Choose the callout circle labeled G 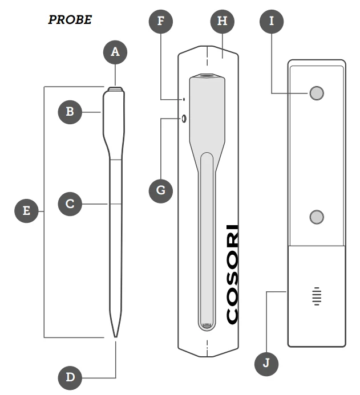click(161, 190)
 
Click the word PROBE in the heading click(70, 20)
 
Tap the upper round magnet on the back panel click(317, 93)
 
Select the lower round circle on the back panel click(317, 216)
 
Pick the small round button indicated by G click(184, 119)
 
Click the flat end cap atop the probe click(115, 89)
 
